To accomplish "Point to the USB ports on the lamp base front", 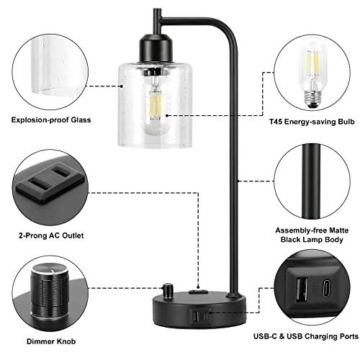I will pyautogui.click(x=197, y=314).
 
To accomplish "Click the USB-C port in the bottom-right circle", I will pyautogui.click(x=326, y=292).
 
